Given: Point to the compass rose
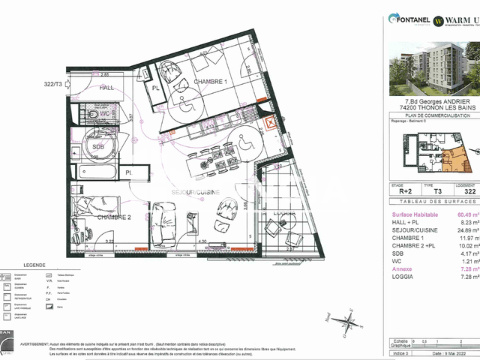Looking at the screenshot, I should point(345,322).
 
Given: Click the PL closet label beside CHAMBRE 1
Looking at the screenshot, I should point(157,88).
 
